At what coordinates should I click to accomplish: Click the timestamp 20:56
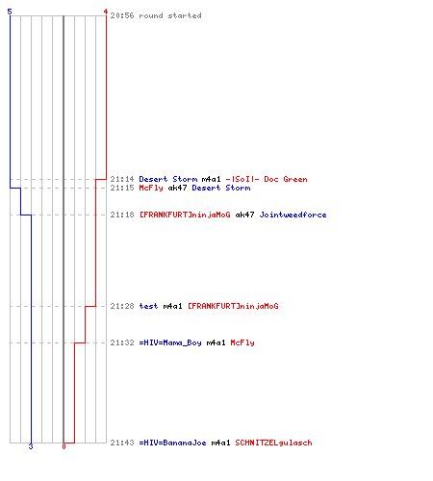[122, 15]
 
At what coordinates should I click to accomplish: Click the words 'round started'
[170, 15]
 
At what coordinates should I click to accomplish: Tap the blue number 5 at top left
[10, 12]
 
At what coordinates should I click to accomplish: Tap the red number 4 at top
[106, 12]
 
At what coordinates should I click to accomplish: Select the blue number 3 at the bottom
[31, 446]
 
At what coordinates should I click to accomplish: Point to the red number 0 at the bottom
[64, 446]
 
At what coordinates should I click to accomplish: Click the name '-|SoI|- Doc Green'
[267, 179]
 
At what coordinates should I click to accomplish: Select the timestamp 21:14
[122, 179]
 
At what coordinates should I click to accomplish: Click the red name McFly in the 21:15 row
[151, 188]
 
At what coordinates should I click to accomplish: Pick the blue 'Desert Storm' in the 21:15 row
[221, 188]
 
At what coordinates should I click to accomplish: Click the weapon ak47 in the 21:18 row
[244, 215]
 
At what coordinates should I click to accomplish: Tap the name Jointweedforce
[293, 215]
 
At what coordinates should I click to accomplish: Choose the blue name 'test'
[148, 306]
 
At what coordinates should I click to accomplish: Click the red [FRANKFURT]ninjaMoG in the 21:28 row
[233, 306]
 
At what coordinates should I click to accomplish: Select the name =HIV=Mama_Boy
[170, 342]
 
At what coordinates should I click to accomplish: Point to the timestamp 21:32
[122, 342]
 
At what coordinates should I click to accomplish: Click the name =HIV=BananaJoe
[172, 443]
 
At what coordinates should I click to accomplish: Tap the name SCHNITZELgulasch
[273, 443]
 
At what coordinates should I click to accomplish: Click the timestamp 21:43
[122, 443]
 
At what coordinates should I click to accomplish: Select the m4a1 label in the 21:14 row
[211, 179]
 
